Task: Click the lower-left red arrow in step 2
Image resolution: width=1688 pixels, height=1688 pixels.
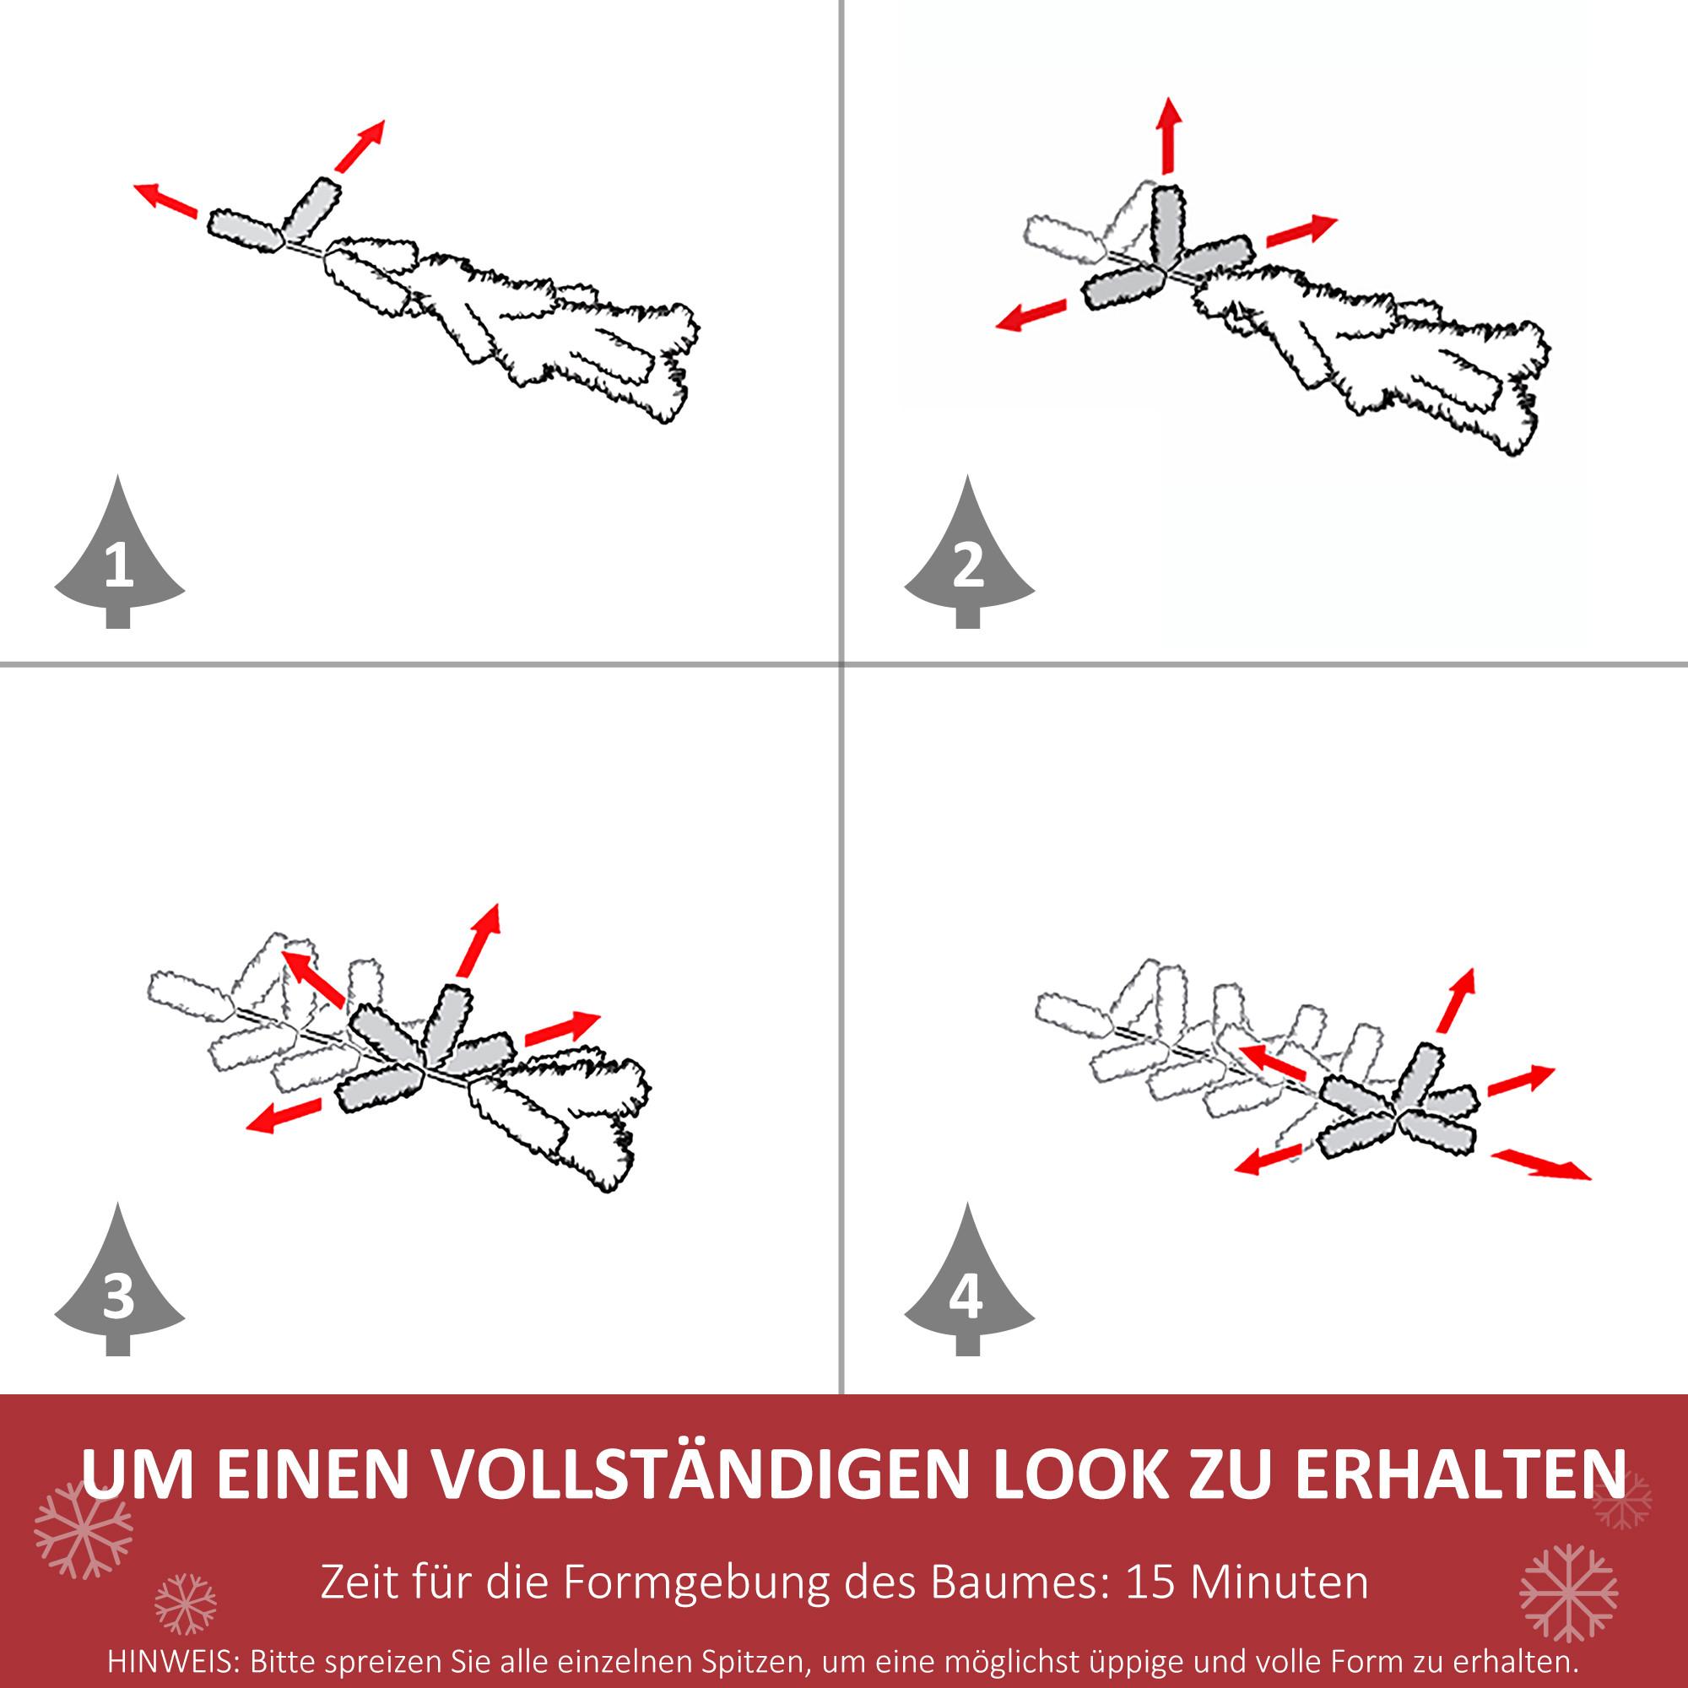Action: click(x=1032, y=315)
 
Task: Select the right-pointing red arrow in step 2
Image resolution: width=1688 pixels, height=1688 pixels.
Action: click(x=1301, y=230)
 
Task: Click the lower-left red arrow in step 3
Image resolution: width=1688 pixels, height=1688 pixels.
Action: click(x=284, y=1116)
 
